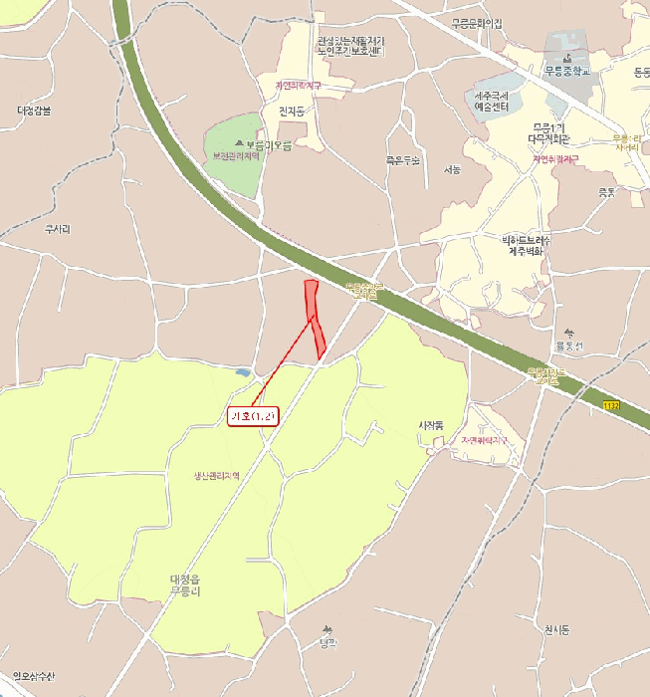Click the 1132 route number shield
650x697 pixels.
click(611, 405)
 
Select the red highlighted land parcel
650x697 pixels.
click(315, 317)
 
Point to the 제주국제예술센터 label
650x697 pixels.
click(492, 102)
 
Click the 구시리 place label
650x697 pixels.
click(58, 229)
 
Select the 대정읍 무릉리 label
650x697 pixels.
click(185, 584)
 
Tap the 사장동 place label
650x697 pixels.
click(430, 425)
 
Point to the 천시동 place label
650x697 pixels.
click(556, 630)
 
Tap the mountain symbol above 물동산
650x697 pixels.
click(568, 333)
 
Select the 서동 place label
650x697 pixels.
click(453, 170)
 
